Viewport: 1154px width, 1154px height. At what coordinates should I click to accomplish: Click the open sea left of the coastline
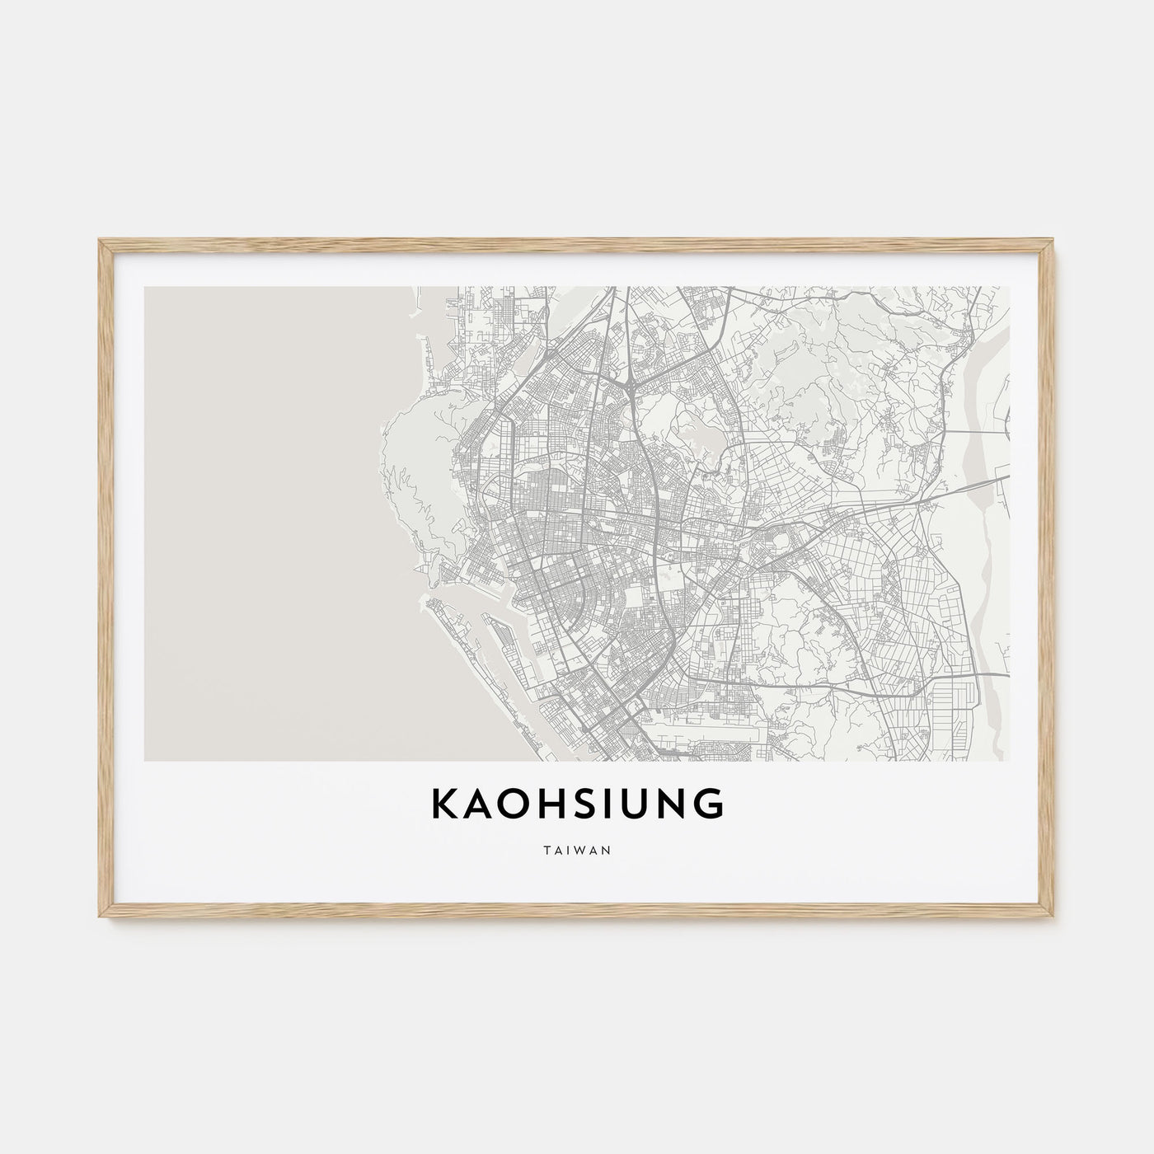(256, 519)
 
